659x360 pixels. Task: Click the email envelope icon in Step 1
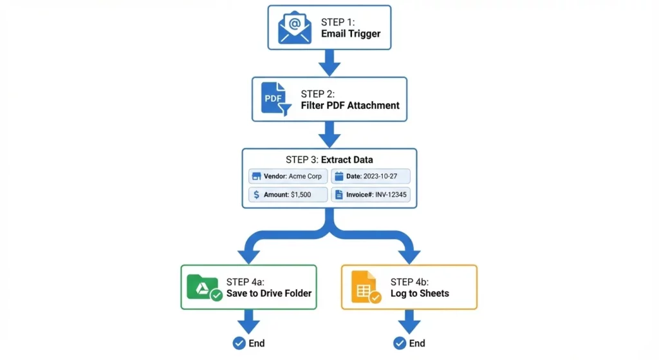(x=294, y=27)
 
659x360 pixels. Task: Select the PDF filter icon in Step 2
(x=275, y=99)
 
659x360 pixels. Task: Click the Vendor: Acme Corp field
(x=288, y=176)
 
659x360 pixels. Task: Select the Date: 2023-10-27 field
(x=371, y=176)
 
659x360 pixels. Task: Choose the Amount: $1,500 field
(x=288, y=194)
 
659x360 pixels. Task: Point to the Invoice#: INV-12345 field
(x=371, y=194)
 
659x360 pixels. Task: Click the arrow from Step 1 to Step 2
(x=329, y=62)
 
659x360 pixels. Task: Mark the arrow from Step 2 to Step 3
(x=329, y=134)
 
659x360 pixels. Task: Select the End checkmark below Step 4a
(x=239, y=343)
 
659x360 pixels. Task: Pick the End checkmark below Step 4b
(x=400, y=343)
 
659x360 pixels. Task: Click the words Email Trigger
(x=351, y=33)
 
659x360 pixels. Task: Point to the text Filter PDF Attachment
(x=350, y=105)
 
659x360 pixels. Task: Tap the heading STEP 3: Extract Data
(x=329, y=160)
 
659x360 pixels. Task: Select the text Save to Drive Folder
(x=268, y=293)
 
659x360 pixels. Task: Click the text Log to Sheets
(x=420, y=293)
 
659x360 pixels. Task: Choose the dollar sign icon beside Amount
(x=256, y=194)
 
